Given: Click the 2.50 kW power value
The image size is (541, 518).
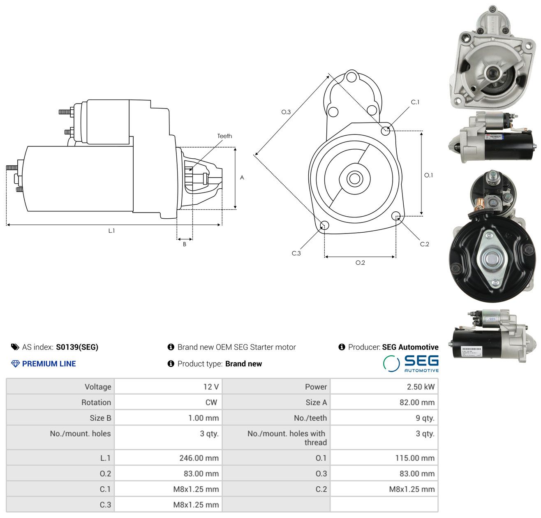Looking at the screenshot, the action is click(x=421, y=387).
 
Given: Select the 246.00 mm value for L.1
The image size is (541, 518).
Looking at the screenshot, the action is click(x=199, y=458).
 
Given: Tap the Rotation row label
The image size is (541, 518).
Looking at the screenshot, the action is click(x=96, y=402).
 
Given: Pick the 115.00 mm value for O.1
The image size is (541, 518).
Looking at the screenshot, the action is click(x=415, y=458).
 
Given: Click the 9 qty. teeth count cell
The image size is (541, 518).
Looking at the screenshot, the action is click(x=425, y=418).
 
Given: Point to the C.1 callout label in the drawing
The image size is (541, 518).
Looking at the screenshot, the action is click(x=415, y=102).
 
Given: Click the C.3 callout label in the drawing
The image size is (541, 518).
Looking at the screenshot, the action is click(x=296, y=253).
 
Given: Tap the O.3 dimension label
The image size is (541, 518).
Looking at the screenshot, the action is click(x=286, y=112).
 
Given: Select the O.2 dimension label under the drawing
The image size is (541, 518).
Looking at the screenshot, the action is click(x=360, y=263).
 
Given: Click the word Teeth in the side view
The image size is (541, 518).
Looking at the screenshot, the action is click(x=224, y=136).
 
